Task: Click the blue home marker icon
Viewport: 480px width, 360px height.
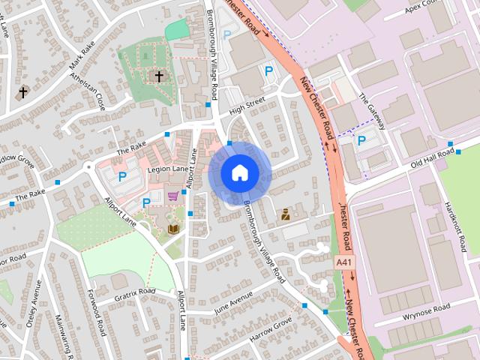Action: pos(239,172)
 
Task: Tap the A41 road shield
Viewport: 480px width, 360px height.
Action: pos(343,262)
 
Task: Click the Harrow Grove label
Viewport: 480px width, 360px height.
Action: pos(270,329)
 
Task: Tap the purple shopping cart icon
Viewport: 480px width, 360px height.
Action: pos(174,196)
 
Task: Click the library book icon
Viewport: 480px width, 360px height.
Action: pos(174,229)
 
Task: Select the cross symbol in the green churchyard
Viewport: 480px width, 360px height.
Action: pos(158,76)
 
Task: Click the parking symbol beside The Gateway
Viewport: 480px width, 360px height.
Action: pos(361,140)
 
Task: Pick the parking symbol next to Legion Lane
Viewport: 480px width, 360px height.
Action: pos(122,176)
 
